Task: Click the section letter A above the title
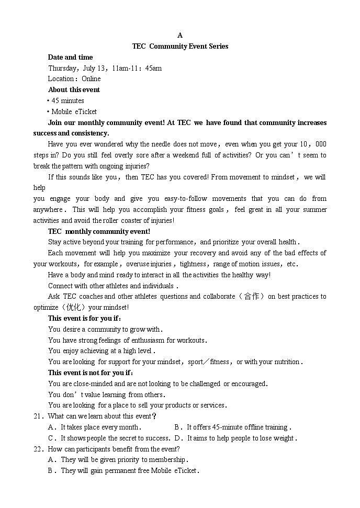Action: (180, 35)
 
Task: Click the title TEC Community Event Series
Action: (180, 46)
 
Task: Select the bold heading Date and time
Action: (70, 57)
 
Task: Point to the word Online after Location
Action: (91, 79)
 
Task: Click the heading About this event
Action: (74, 89)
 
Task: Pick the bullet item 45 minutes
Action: (67, 100)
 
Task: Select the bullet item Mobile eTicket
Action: (74, 111)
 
